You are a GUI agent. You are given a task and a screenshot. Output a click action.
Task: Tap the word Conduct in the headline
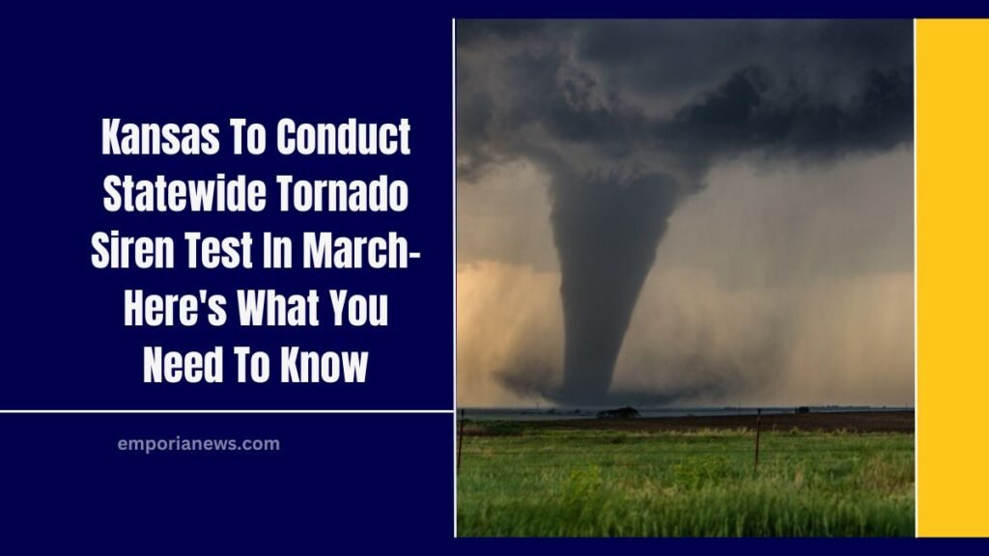point(343,139)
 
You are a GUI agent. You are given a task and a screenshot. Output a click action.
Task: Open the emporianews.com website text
point(198,444)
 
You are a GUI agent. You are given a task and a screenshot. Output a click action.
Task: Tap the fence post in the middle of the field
point(758,439)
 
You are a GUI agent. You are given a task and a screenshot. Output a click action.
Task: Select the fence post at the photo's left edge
point(462,439)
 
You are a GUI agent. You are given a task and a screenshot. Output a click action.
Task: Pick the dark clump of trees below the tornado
point(618,413)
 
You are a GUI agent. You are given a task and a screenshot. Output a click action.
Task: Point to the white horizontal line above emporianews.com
point(226,411)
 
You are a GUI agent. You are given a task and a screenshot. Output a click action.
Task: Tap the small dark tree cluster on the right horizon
point(802,410)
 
